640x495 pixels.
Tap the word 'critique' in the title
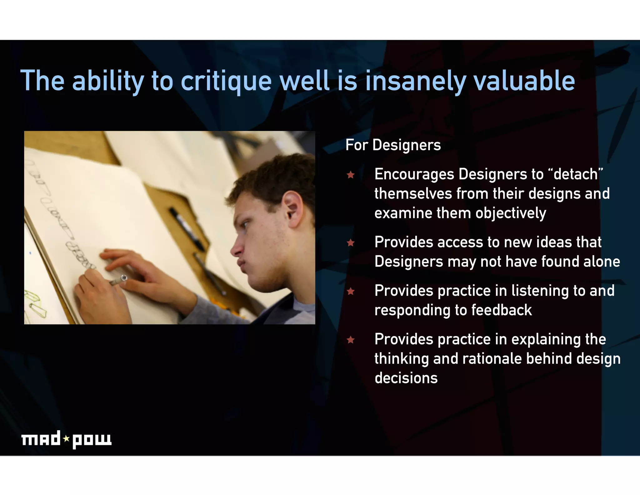pos(226,81)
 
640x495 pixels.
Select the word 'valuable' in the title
pos(524,81)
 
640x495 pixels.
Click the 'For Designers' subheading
pos(393,145)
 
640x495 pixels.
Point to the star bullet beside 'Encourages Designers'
pos(351,175)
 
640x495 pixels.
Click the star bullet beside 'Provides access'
pos(351,242)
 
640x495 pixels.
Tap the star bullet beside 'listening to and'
pos(351,291)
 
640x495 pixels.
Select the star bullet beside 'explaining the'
pos(351,339)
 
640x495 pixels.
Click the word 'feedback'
pos(501,310)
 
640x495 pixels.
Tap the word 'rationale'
pos(492,359)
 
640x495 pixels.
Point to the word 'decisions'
pos(406,378)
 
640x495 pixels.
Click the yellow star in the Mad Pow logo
pos(66,439)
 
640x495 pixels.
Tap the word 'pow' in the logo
pos(92,440)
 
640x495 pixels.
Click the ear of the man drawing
pos(293,208)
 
